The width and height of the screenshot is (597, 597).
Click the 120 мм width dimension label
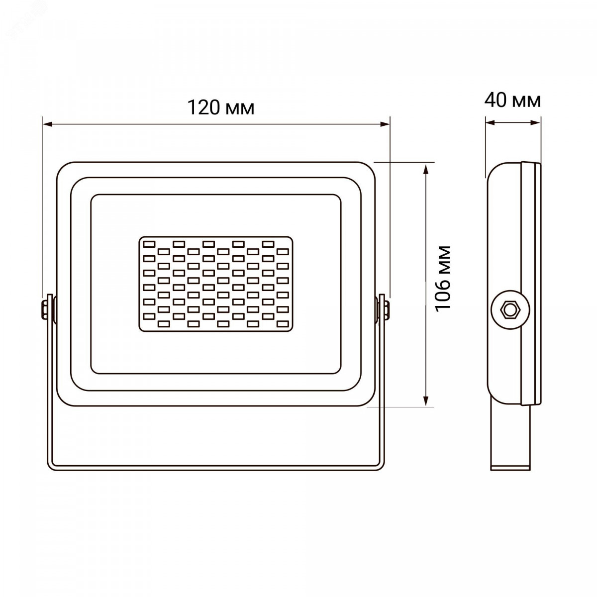[x=221, y=107]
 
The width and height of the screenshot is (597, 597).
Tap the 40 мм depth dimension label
[x=513, y=100]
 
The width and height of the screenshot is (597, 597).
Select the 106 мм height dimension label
[x=442, y=279]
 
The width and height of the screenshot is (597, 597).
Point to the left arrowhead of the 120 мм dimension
[x=47, y=124]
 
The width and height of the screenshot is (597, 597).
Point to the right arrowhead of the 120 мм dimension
[x=385, y=124]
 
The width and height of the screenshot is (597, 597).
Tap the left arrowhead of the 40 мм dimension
[x=491, y=123]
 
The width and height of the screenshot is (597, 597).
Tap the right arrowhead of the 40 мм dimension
[x=536, y=123]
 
